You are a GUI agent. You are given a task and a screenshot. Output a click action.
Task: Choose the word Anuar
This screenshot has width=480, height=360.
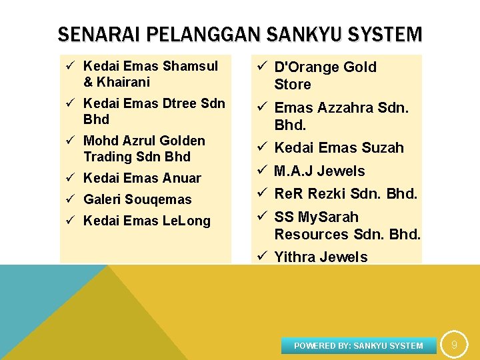(181, 178)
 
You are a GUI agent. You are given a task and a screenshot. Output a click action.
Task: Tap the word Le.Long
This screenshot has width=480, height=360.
(187, 221)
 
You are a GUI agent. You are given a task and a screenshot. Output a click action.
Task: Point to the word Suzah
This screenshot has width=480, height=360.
(383, 147)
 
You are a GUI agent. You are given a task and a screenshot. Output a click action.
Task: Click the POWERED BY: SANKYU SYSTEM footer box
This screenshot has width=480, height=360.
(359, 345)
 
